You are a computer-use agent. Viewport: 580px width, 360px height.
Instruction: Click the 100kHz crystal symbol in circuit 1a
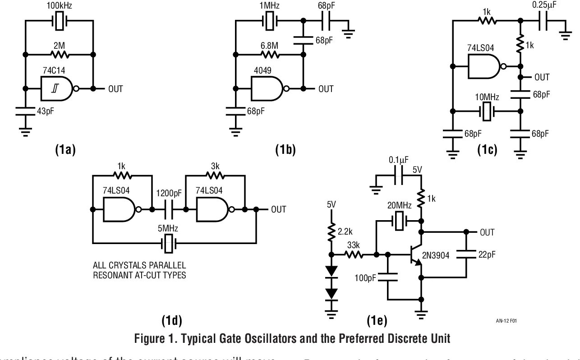(60, 21)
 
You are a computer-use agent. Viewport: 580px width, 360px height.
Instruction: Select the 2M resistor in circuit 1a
(60, 55)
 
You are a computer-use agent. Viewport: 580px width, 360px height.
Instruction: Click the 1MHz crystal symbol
(270, 21)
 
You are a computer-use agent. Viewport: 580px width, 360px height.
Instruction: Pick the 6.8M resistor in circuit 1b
(270, 55)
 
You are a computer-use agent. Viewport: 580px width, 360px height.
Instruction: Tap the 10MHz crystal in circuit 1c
(486, 111)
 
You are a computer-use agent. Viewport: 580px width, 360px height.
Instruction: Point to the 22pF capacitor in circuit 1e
(465, 254)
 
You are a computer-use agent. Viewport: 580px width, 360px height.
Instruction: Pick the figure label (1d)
(171, 321)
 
